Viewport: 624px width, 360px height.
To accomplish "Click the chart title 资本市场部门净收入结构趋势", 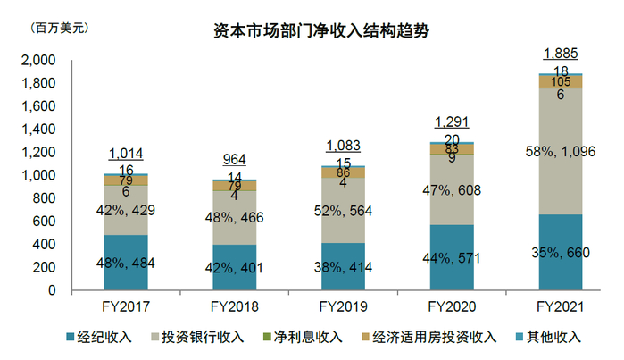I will (x=320, y=31).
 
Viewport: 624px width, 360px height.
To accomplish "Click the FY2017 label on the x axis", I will (x=125, y=306).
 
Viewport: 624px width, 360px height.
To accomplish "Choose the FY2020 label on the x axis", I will (x=451, y=306).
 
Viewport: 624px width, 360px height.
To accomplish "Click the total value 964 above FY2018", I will (x=234, y=160).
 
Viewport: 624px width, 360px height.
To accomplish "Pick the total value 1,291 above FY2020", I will (x=451, y=121).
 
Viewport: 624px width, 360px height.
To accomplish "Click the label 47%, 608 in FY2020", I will (x=453, y=189).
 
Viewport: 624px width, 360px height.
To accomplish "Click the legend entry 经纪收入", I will (x=100, y=337).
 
